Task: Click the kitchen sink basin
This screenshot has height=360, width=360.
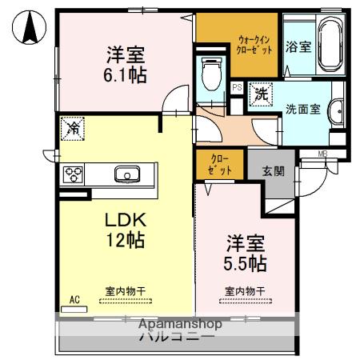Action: pos(127,174)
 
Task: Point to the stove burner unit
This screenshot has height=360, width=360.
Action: pos(74,174)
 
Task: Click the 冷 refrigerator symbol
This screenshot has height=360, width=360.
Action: pos(73,127)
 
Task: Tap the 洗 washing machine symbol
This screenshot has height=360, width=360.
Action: pos(261,93)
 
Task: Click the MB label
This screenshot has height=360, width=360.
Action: pos(322,154)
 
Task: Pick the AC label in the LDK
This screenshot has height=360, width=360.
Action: pos(74,300)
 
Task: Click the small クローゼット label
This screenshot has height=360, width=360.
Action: pos(221,165)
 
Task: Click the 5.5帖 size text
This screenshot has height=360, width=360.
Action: pos(244,262)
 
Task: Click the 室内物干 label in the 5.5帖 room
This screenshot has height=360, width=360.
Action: pos(243,291)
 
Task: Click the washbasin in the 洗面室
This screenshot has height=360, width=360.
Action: pos(337,110)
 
